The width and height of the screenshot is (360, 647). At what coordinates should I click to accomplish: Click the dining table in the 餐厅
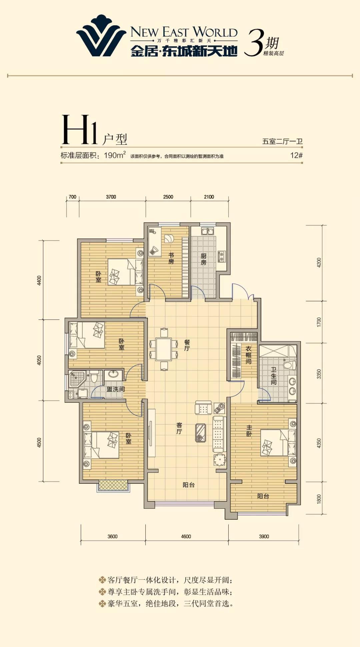click(164, 349)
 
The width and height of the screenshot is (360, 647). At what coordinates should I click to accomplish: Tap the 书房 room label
click(171, 258)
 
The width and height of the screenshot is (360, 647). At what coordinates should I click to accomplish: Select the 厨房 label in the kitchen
click(203, 259)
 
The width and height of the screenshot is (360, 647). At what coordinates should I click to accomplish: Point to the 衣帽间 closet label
click(248, 355)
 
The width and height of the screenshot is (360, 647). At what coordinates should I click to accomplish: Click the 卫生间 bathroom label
click(274, 376)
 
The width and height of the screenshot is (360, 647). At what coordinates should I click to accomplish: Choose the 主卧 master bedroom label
click(249, 430)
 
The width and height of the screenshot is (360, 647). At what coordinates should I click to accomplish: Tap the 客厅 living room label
click(179, 428)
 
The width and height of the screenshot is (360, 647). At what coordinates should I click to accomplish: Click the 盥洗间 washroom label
click(116, 389)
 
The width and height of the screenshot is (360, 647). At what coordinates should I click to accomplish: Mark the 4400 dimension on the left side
click(39, 280)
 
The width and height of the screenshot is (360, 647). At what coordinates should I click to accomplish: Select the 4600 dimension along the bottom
click(186, 536)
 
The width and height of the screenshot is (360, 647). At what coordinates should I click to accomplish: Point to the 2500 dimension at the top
click(168, 197)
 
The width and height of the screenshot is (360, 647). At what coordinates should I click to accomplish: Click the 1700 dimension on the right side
click(319, 322)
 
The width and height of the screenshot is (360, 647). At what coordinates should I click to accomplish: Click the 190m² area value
click(115, 155)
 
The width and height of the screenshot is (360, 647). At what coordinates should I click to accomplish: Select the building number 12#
click(296, 155)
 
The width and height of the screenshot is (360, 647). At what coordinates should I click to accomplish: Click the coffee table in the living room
click(200, 432)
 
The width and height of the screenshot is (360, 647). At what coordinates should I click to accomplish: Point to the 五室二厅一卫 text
click(282, 142)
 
